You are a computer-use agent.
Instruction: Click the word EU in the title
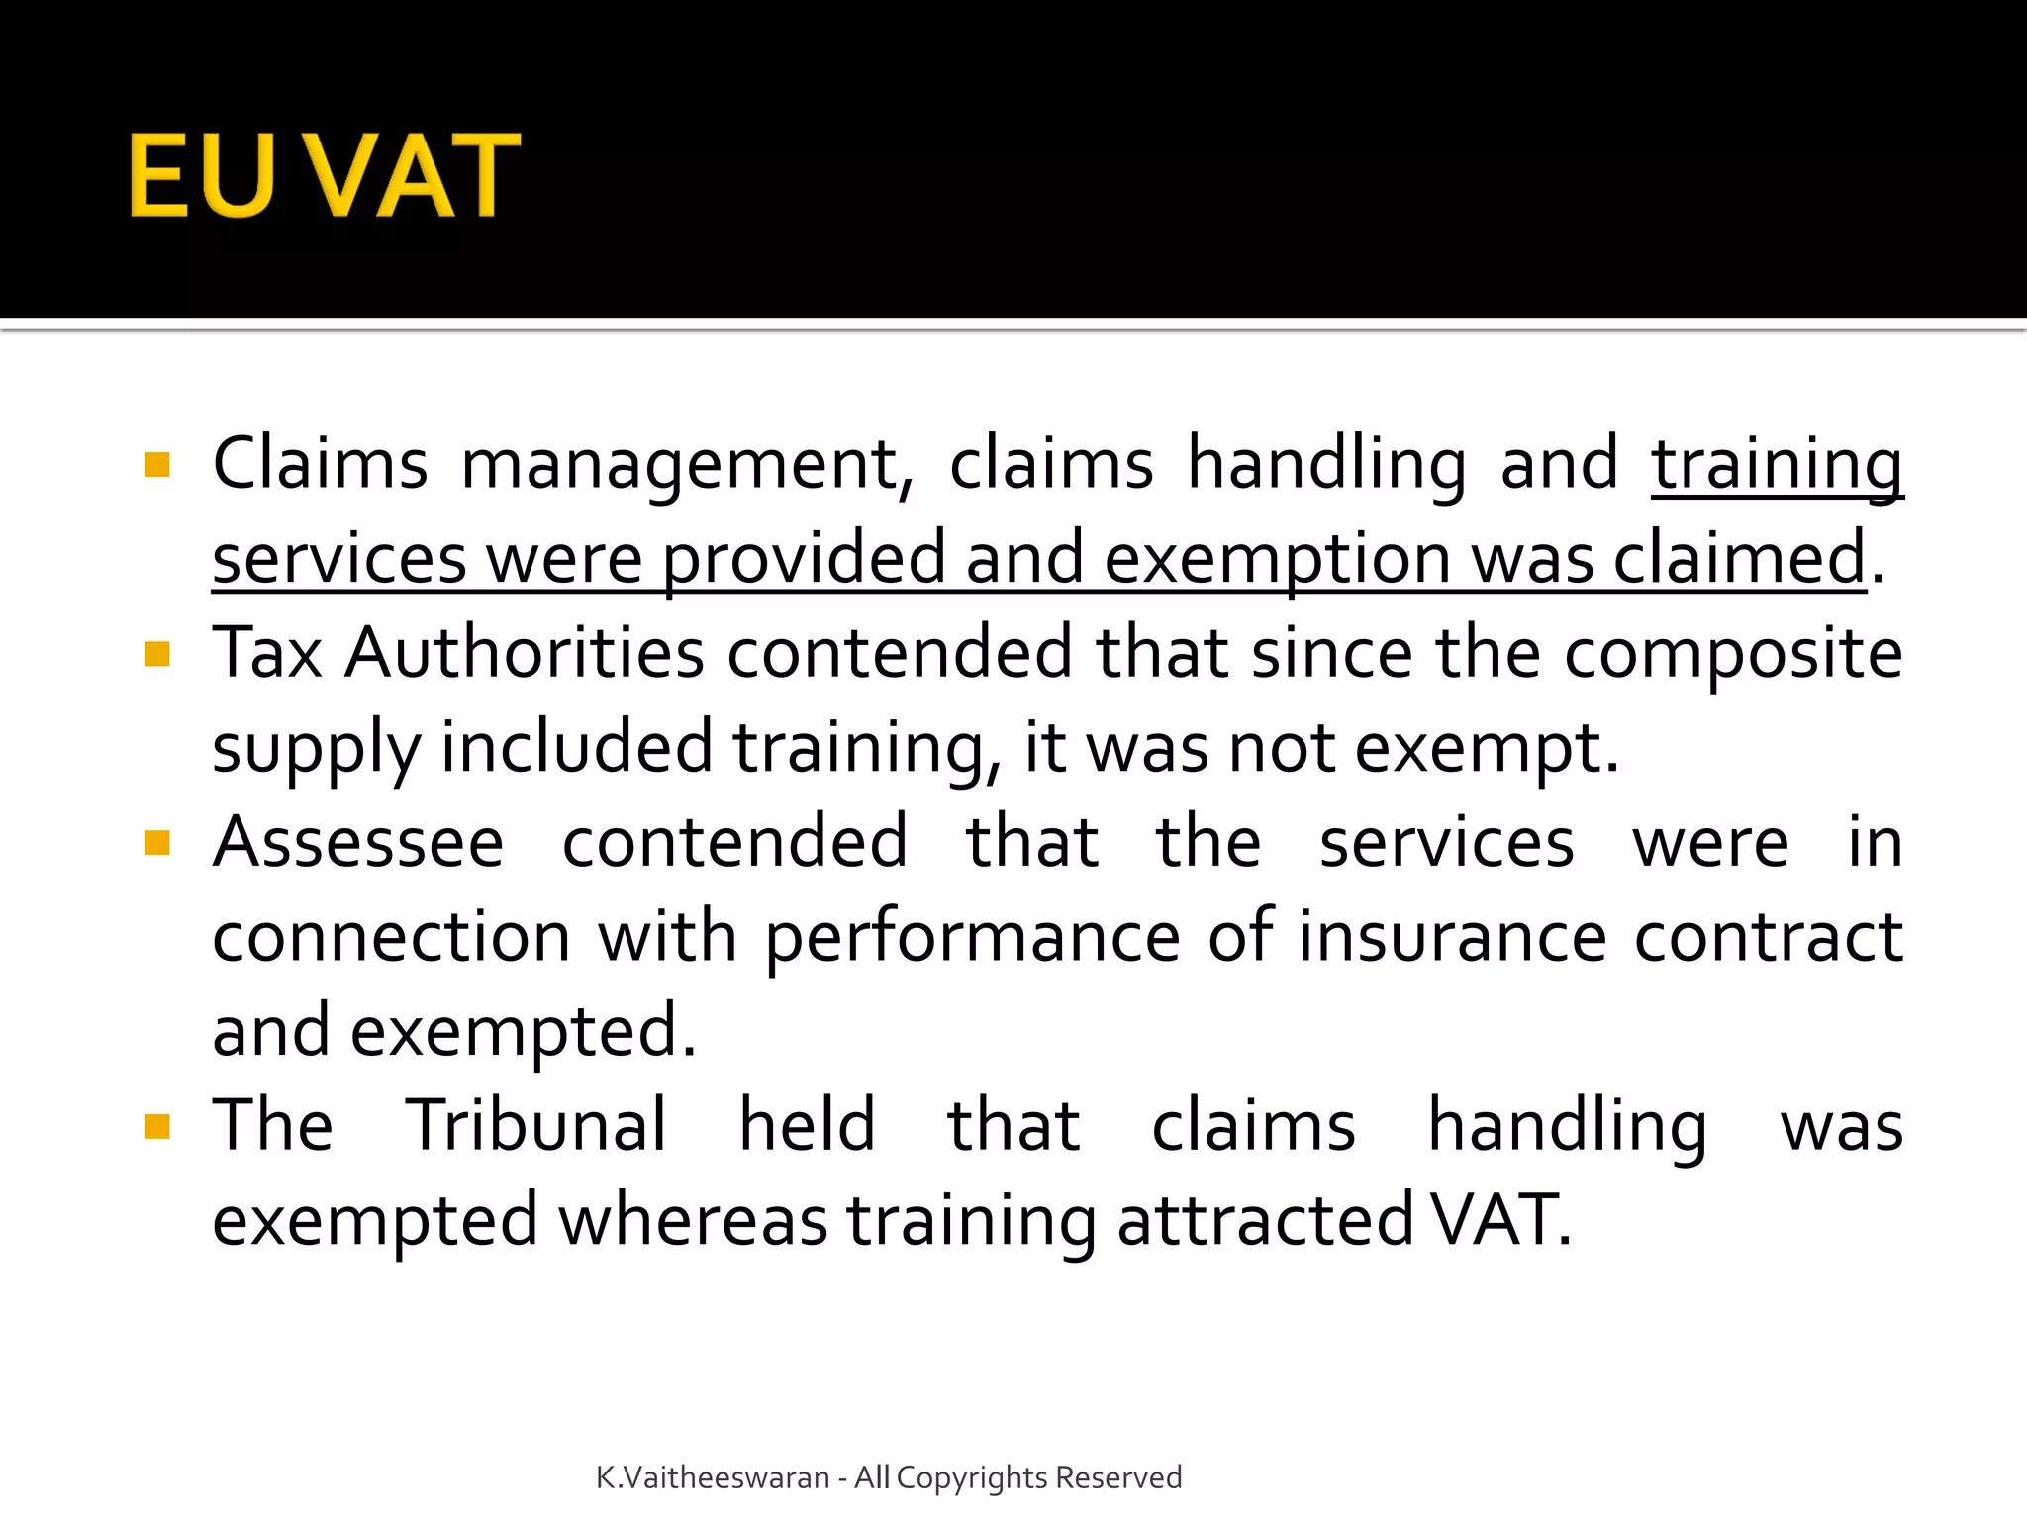[201, 175]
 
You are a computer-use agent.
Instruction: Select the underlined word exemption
[1277, 559]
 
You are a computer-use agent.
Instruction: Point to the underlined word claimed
[1739, 559]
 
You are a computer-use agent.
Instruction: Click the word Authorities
[525, 654]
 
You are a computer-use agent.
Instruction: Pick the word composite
[1733, 654]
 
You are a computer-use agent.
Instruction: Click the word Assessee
[358, 843]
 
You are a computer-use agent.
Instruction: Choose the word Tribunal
[536, 1126]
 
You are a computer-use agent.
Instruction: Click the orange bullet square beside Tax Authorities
[157, 654]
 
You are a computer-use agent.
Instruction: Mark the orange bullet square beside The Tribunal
[157, 1126]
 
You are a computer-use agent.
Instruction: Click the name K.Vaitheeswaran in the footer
[713, 1477]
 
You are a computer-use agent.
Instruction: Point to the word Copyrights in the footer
[971, 1477]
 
